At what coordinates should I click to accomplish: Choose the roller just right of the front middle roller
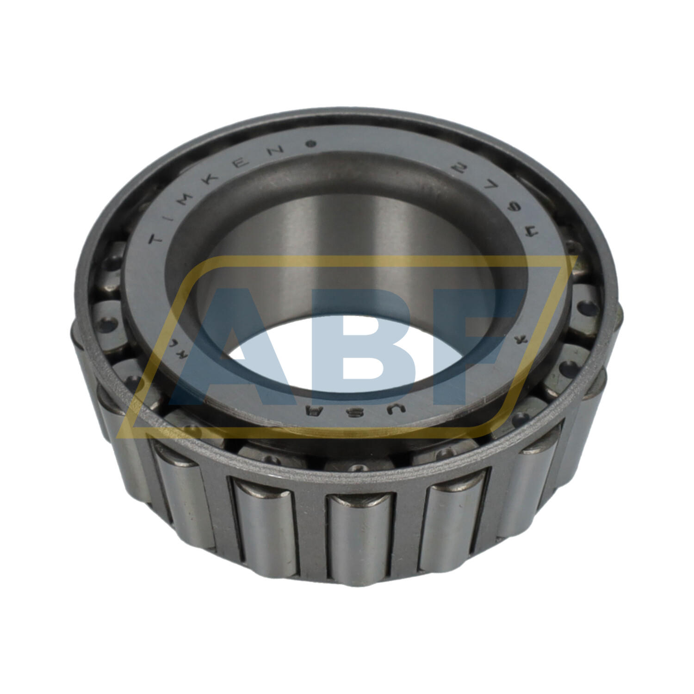coord(456,527)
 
